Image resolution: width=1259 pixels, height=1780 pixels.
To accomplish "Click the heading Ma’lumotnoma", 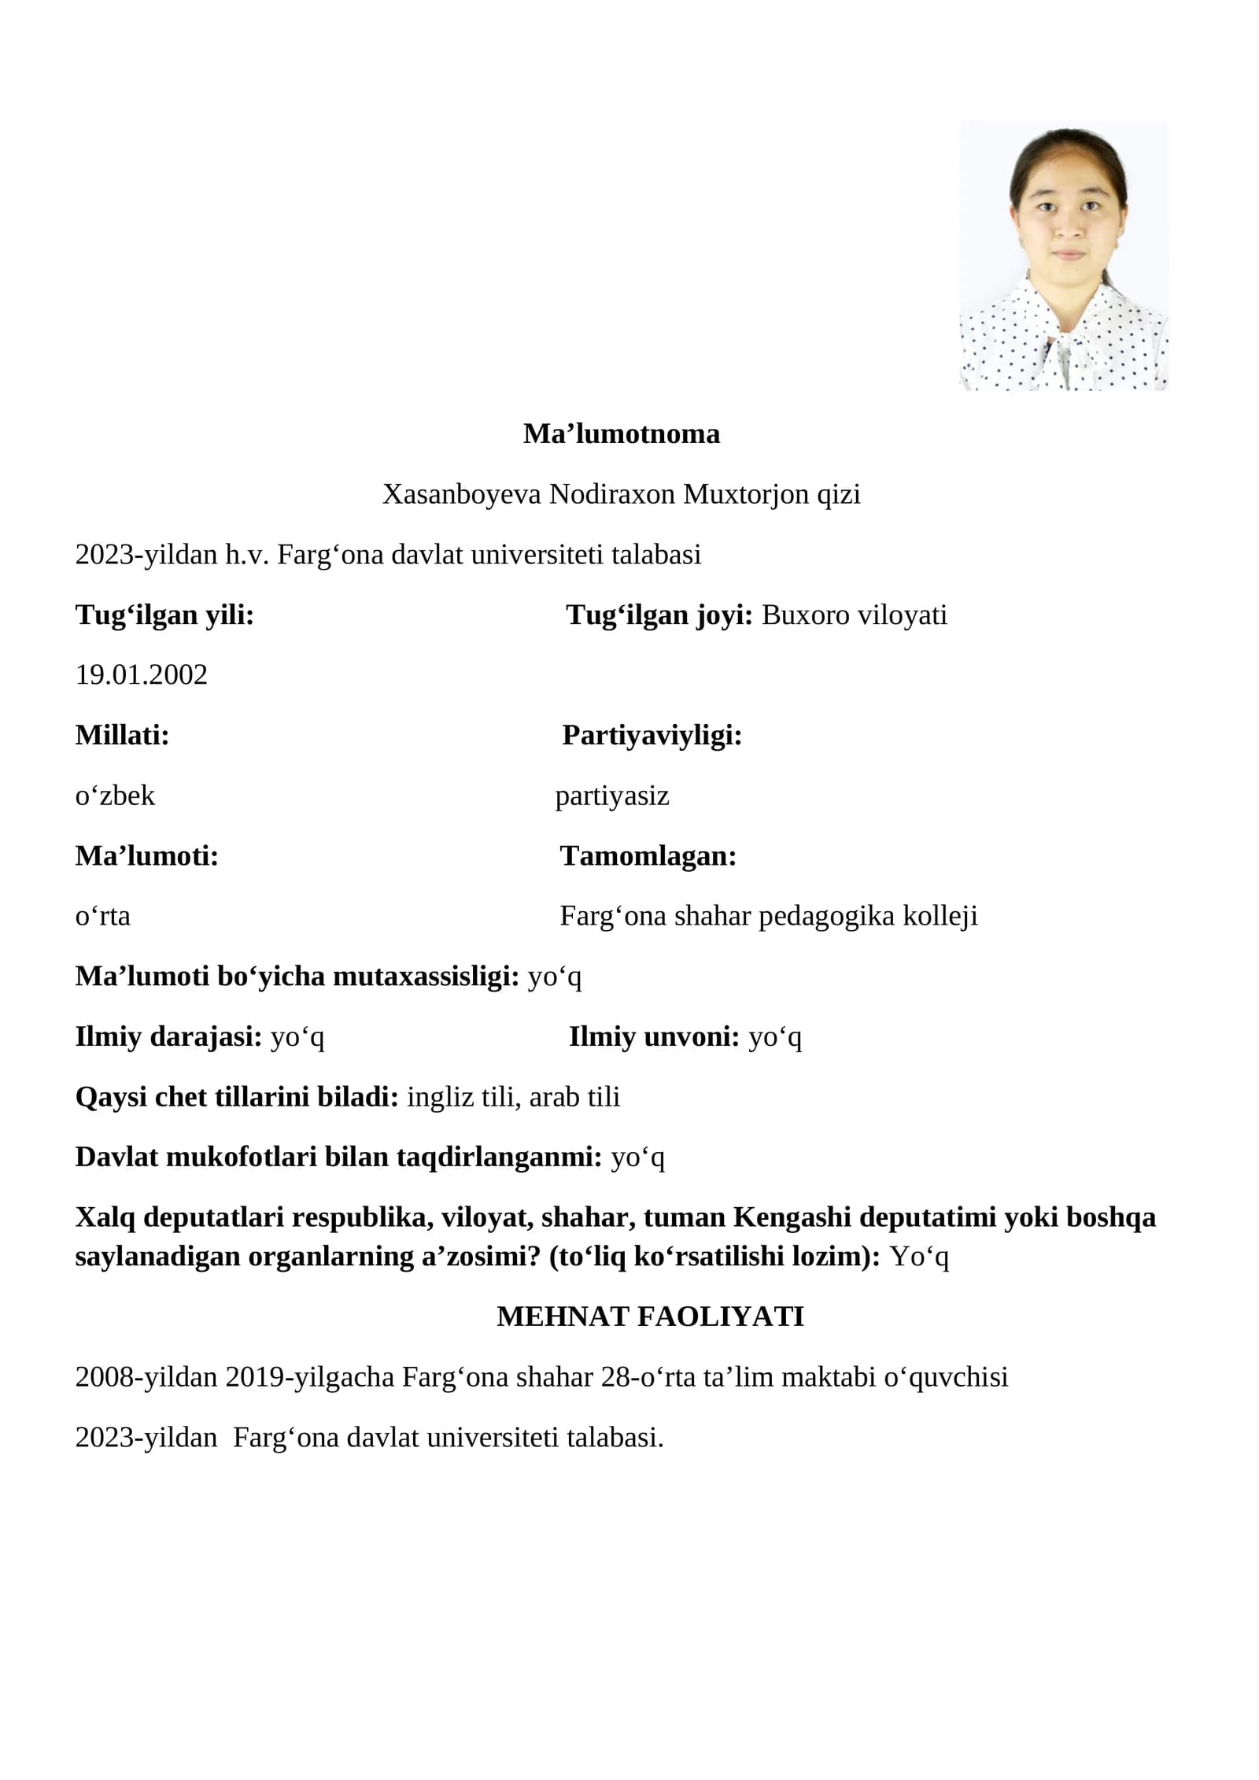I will pyautogui.click(x=621, y=434).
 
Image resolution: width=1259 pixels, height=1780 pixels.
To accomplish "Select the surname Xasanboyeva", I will pyautogui.click(x=461, y=494).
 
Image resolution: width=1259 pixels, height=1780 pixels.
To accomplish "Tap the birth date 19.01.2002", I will pyautogui.click(x=142, y=674).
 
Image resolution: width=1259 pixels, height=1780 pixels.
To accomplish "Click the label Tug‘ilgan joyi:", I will pyautogui.click(x=659, y=615).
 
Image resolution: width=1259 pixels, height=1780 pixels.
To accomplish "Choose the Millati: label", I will pyautogui.click(x=123, y=735).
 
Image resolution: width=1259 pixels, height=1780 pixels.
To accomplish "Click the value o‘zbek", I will pyautogui.click(x=115, y=796).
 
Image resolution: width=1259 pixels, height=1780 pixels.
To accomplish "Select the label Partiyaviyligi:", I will pyautogui.click(x=652, y=735).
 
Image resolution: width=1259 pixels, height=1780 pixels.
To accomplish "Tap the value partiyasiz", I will pyautogui.click(x=612, y=796).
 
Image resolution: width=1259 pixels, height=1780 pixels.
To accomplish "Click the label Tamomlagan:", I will pyautogui.click(x=648, y=855).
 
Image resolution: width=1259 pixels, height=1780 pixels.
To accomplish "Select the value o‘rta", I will pyautogui.click(x=103, y=916).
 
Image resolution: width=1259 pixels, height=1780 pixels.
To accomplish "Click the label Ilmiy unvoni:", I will pyautogui.click(x=654, y=1036).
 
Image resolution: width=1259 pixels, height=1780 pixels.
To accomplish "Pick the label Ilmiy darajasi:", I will pyautogui.click(x=168, y=1036).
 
